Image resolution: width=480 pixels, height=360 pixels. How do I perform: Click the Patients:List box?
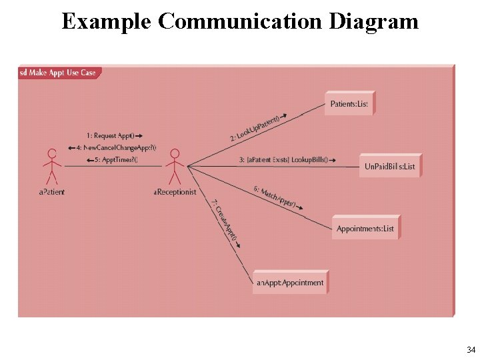pyautogui.click(x=349, y=104)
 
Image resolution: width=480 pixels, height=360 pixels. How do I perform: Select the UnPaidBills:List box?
pyautogui.click(x=389, y=166)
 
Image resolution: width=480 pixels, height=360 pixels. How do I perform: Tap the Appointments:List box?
pyautogui.click(x=365, y=229)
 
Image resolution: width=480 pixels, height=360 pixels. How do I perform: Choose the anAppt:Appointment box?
pyautogui.click(x=290, y=283)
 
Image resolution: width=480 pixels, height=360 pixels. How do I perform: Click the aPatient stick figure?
pyautogui.click(x=52, y=167)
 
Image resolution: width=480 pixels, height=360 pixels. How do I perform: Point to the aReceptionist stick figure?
pyautogui.click(x=175, y=167)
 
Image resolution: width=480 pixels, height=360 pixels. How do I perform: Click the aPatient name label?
pyautogui.click(x=52, y=192)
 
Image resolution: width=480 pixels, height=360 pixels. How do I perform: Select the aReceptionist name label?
pyautogui.click(x=175, y=192)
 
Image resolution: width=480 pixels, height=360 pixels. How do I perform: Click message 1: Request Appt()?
pyautogui.click(x=114, y=136)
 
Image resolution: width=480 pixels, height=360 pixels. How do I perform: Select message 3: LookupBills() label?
pyautogui.click(x=287, y=160)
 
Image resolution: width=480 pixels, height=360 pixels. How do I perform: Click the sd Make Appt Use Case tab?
pyautogui.click(x=59, y=73)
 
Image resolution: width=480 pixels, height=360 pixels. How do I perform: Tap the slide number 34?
pyautogui.click(x=471, y=350)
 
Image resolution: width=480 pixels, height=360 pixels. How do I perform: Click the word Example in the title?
pyautogui.click(x=107, y=21)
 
